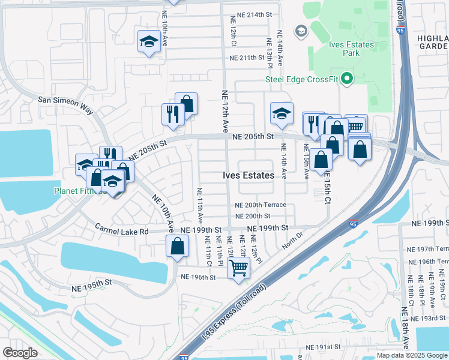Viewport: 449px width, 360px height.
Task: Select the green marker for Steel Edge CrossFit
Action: click(x=346, y=79)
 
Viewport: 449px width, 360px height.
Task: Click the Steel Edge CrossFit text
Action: click(x=301, y=79)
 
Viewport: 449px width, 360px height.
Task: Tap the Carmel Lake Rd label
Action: click(x=122, y=230)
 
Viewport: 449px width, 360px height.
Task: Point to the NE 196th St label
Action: click(x=197, y=277)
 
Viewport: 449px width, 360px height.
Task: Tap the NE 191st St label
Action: click(x=323, y=347)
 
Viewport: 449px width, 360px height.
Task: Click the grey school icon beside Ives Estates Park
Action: click(x=301, y=31)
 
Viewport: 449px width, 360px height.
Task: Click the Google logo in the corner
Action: click(x=20, y=352)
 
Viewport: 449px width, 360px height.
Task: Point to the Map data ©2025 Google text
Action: click(x=411, y=355)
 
